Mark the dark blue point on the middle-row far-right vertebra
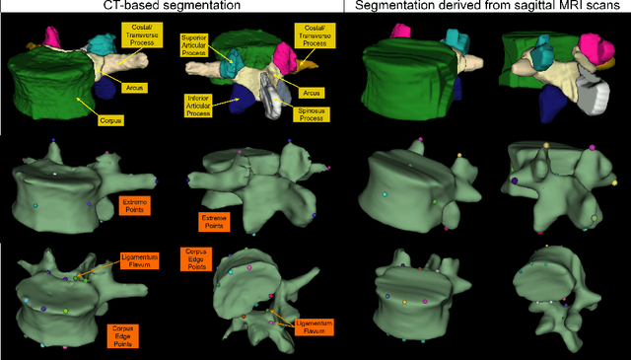(x=516, y=180)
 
